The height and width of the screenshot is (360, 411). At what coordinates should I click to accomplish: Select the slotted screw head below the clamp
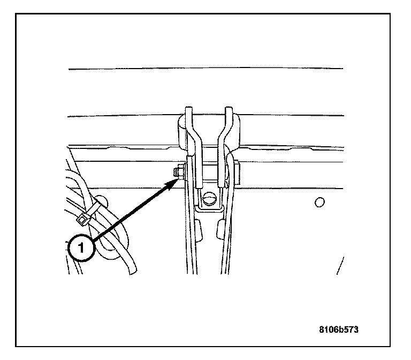click(x=209, y=200)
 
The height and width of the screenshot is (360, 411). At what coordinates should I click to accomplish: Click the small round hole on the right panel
click(x=319, y=202)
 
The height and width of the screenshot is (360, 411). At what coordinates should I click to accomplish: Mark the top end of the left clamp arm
click(x=188, y=111)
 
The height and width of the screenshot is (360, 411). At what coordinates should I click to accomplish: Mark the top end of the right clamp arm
click(x=229, y=111)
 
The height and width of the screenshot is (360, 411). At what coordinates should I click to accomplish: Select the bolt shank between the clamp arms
click(x=209, y=172)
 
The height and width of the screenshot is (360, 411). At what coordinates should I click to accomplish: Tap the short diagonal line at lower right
click(x=340, y=265)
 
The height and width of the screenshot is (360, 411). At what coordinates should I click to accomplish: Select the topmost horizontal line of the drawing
click(x=205, y=69)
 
